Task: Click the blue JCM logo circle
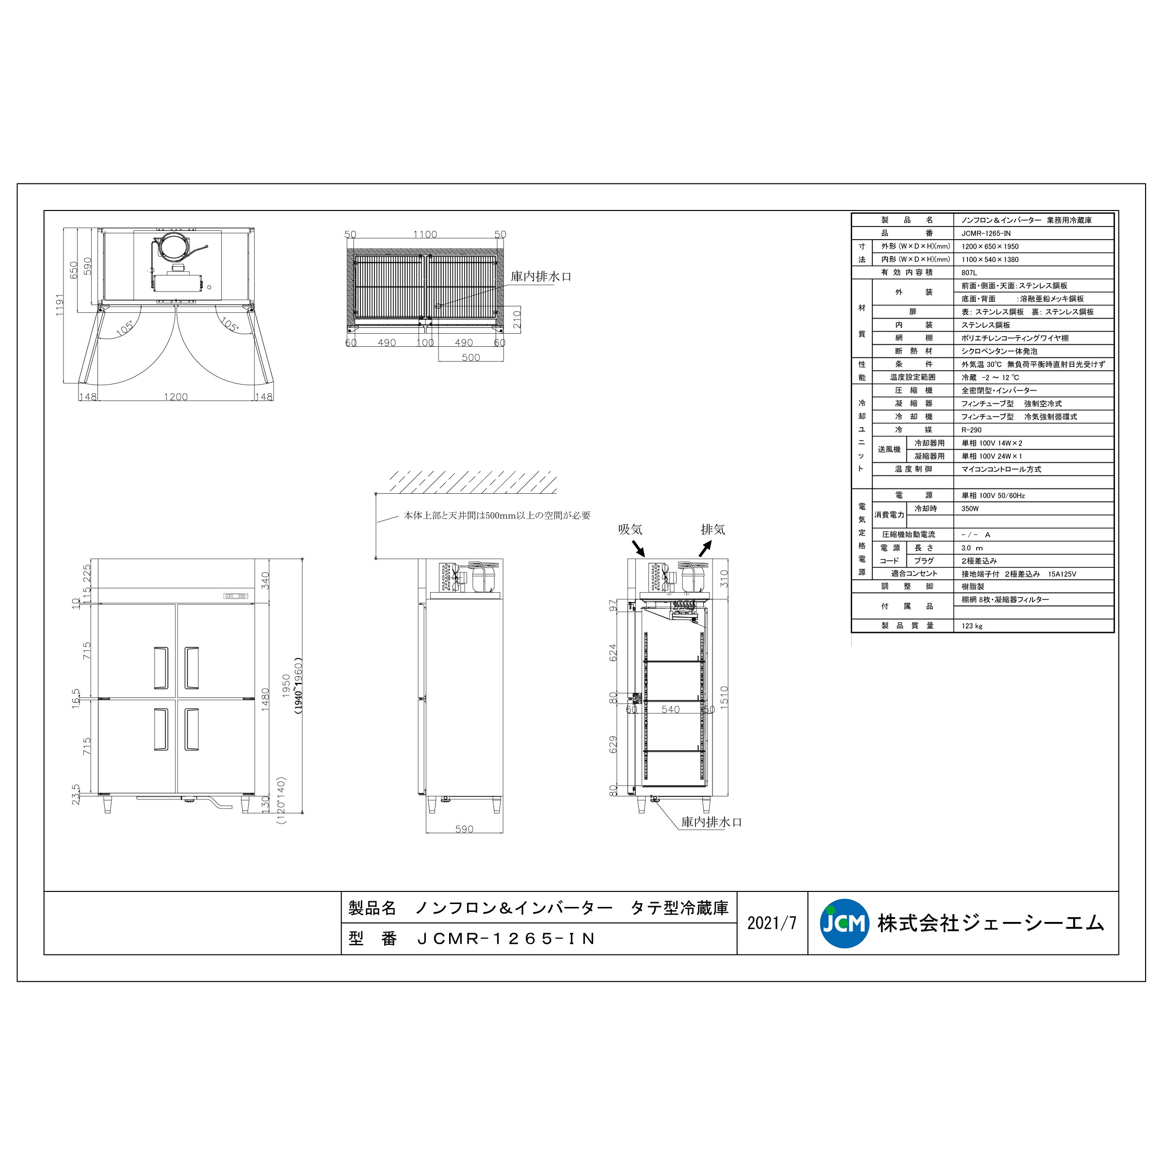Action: click(844, 923)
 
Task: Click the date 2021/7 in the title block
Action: click(771, 923)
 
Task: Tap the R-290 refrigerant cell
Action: click(971, 430)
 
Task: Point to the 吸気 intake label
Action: click(630, 530)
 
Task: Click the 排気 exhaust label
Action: click(713, 530)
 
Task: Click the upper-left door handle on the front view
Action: click(161, 667)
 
